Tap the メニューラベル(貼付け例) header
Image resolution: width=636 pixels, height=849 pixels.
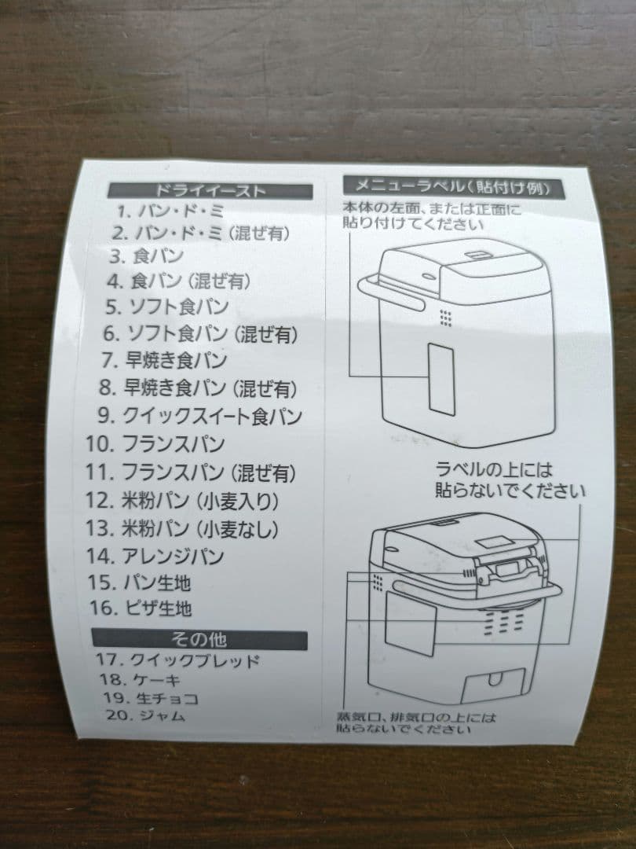[456, 186]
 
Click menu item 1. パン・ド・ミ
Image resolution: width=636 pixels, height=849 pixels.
[169, 211]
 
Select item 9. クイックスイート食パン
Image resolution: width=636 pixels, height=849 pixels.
[199, 415]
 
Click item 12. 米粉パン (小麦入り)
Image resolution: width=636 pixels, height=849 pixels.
[182, 500]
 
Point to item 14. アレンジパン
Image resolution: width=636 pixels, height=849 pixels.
[155, 556]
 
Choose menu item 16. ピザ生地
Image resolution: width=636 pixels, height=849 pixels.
[141, 608]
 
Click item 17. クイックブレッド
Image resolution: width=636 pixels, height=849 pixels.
[177, 660]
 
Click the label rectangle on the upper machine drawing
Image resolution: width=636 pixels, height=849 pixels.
[440, 379]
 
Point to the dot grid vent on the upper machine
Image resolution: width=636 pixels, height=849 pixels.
[445, 317]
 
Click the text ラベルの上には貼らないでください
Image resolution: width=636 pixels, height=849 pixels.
[510, 480]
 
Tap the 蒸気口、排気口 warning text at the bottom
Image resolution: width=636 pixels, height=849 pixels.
[416, 723]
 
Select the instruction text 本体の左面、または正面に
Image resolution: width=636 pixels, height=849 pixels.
[431, 209]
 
